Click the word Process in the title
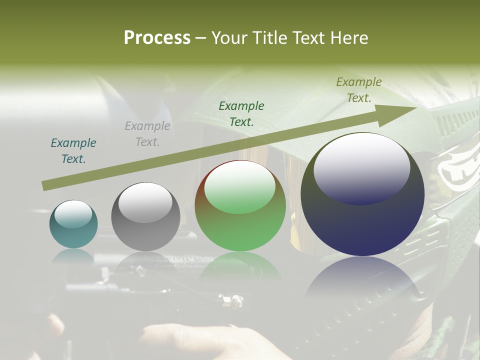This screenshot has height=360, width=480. coord(157,37)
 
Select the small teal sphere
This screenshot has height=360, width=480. coord(73,224)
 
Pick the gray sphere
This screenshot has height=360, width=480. coord(145,216)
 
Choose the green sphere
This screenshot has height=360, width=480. coord(240,205)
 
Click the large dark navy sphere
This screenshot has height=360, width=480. coord(362,194)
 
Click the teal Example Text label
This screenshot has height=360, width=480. coord(73,150)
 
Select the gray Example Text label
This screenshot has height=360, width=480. coord(147,133)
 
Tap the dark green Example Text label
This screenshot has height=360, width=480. coord(241,113)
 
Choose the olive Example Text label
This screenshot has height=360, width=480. coord(359,89)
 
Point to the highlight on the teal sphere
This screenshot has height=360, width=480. coord(73,214)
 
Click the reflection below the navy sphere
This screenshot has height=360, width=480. coord(362,280)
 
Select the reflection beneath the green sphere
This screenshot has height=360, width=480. coord(240,265)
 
